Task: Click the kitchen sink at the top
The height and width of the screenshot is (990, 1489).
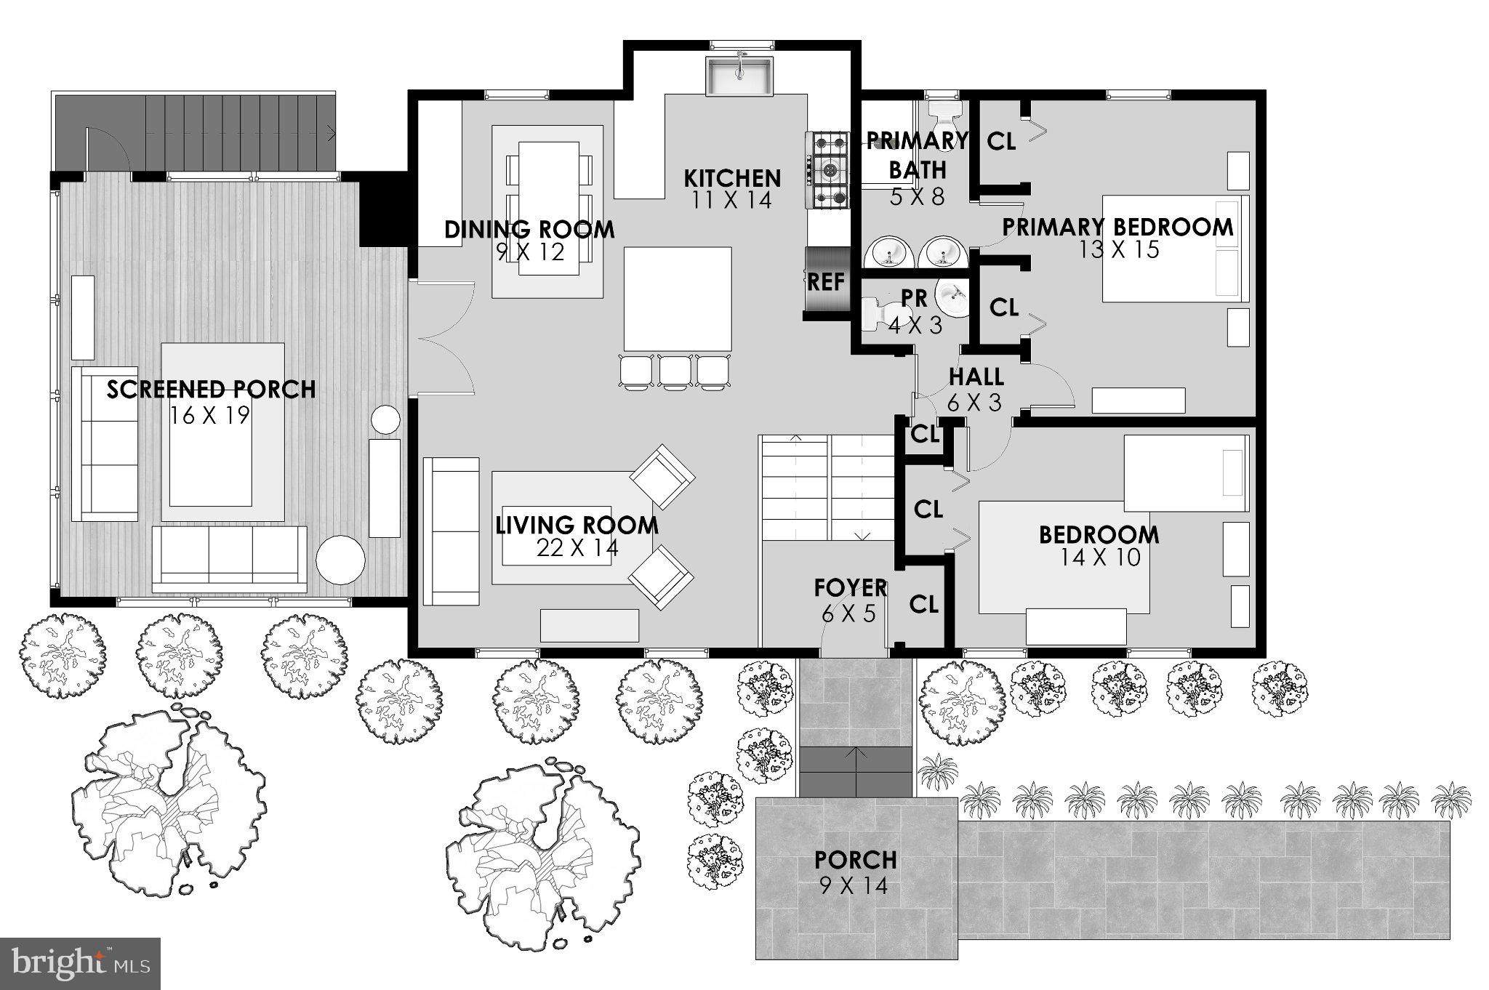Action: [x=738, y=76]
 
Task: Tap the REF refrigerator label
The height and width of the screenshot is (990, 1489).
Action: [x=826, y=281]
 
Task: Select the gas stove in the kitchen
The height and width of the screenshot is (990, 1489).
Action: [x=827, y=172]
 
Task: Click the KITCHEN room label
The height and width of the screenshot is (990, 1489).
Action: [x=732, y=178]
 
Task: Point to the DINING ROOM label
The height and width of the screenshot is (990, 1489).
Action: [x=529, y=230]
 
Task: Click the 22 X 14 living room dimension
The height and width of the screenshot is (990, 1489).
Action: [x=577, y=548]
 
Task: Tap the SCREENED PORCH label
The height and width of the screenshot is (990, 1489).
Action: [x=212, y=390]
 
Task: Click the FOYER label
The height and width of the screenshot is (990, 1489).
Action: [x=850, y=587]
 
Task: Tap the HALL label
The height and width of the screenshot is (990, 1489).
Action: [x=976, y=377]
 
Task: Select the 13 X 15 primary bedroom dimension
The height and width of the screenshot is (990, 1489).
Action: [x=1118, y=250]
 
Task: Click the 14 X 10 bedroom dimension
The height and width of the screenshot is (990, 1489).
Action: [x=1099, y=558]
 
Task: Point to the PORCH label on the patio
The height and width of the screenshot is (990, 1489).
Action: [x=855, y=860]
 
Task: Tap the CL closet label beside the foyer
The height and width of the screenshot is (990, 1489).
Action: [x=923, y=604]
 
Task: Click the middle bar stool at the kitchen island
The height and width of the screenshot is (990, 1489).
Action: [x=675, y=371]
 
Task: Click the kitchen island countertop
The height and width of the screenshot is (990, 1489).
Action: [x=677, y=298]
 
